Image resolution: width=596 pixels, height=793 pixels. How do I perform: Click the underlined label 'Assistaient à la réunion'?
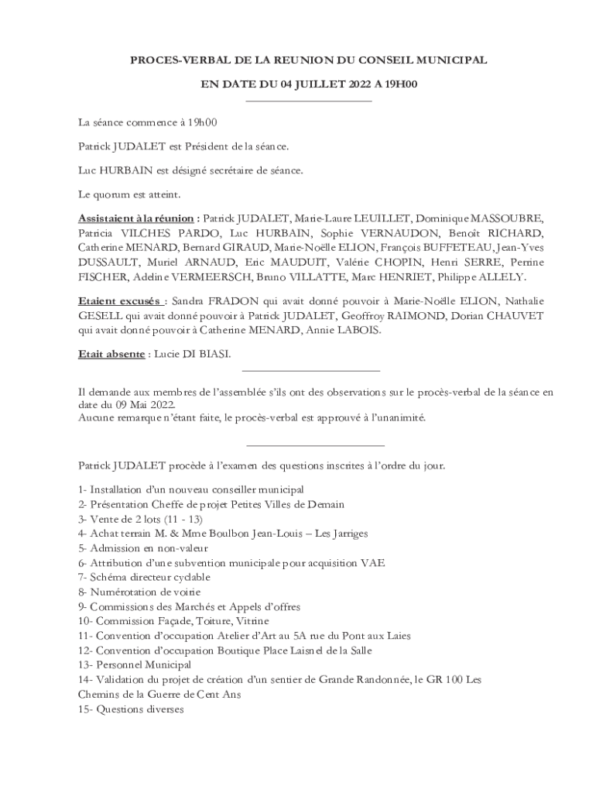(136, 218)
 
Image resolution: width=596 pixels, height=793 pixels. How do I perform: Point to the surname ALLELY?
(505, 276)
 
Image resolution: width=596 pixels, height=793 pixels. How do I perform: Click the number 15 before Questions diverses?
(83, 709)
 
